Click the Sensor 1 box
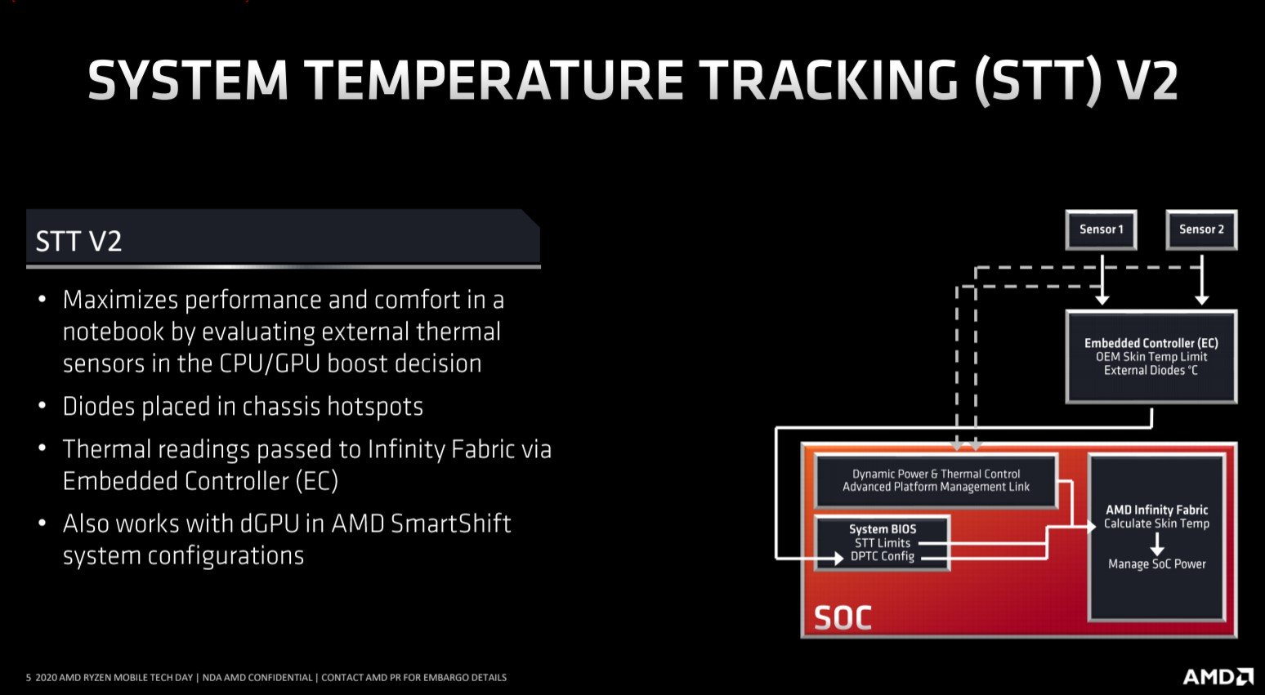[1102, 229]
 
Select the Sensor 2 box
[1201, 229]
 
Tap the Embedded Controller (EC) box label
[1151, 343]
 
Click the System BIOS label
[883, 529]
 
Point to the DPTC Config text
[883, 556]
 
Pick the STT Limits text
[883, 542]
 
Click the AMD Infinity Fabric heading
[1156, 510]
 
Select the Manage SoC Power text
[1156, 564]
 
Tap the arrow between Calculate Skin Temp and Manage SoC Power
[1156, 544]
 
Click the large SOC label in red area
[843, 617]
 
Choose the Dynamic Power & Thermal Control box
[936, 481]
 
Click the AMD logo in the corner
[1218, 676]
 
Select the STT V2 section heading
[78, 241]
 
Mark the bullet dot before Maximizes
[42, 299]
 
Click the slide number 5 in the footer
[29, 678]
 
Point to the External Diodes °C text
[1151, 370]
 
